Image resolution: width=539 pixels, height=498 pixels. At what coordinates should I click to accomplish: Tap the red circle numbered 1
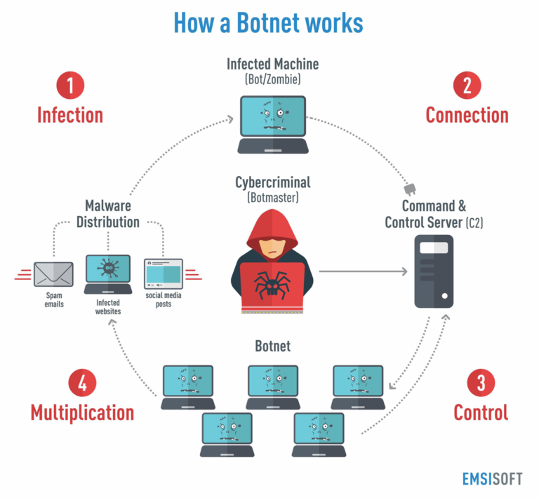click(70, 86)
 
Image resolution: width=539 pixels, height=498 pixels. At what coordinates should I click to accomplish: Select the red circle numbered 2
click(467, 86)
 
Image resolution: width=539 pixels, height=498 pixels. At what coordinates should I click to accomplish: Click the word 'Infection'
click(70, 115)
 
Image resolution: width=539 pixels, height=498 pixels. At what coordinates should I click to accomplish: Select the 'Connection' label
click(467, 115)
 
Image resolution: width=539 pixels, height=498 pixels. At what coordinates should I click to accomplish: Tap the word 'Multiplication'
click(82, 412)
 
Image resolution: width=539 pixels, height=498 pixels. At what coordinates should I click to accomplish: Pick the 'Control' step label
click(481, 412)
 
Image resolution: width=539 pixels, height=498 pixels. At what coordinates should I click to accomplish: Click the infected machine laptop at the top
click(272, 123)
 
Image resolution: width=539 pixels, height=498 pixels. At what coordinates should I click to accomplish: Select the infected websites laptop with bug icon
click(107, 274)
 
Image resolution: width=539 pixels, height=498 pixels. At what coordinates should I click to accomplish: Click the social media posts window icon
click(163, 274)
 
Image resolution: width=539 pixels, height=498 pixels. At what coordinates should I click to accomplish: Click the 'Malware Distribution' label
click(107, 214)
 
